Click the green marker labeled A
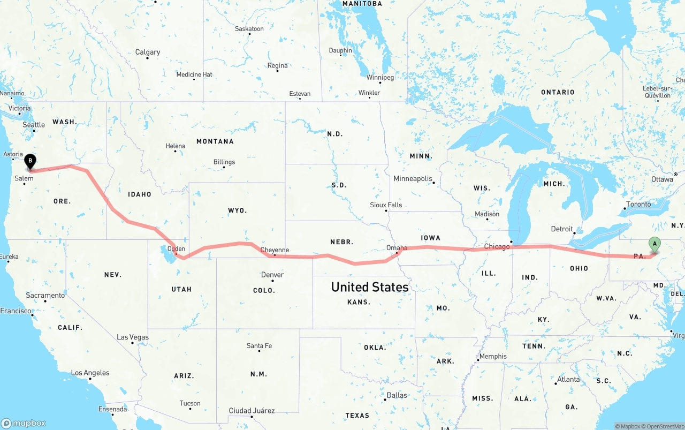pyautogui.click(x=654, y=245)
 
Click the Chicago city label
pyautogui.click(x=497, y=246)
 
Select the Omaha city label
pyautogui.click(x=397, y=247)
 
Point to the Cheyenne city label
pyautogui.click(x=275, y=250)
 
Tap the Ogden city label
pyautogui.click(x=176, y=248)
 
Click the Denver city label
pyautogui.click(x=272, y=275)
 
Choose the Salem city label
pyautogui.click(x=24, y=178)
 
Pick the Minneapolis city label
pyautogui.click(x=413, y=178)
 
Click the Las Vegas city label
pyautogui.click(x=133, y=337)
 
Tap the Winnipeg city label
pyautogui.click(x=380, y=78)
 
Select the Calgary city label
pyautogui.click(x=148, y=52)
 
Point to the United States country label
pyautogui.click(x=370, y=287)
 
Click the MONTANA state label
pyautogui.click(x=215, y=141)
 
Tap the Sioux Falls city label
pyautogui.click(x=386, y=205)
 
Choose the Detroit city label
pyautogui.click(x=562, y=229)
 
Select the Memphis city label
pyautogui.click(x=493, y=356)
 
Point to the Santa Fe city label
pyautogui.click(x=259, y=345)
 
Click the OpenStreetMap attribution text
pyautogui.click(x=664, y=426)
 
